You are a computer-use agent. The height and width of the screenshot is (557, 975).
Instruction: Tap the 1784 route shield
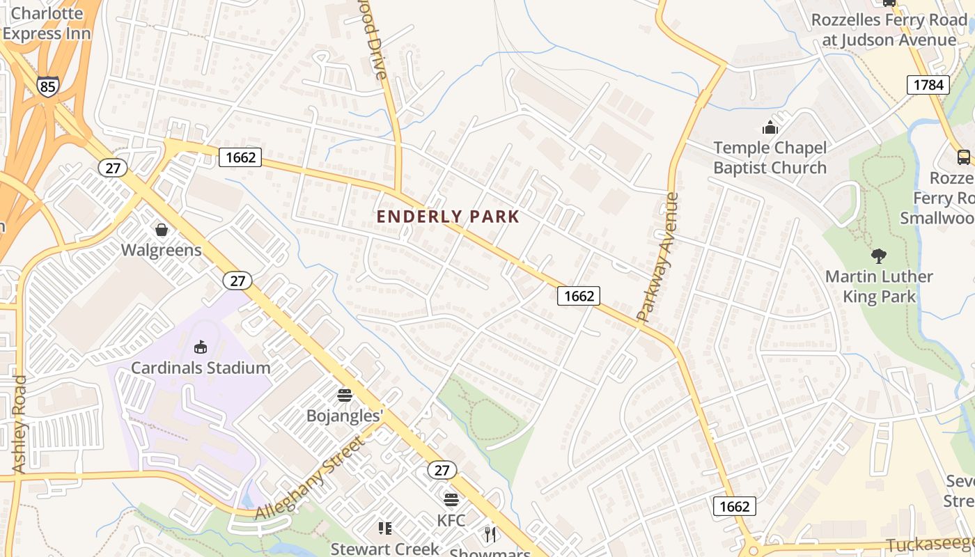[x=928, y=85]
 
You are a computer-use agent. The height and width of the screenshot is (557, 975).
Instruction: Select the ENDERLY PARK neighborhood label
[x=448, y=217]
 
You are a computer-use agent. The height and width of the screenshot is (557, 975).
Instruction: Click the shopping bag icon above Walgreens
[x=162, y=229]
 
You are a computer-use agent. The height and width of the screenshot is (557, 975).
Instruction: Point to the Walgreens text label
[x=162, y=250]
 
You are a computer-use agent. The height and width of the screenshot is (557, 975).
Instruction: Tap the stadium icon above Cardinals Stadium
[x=201, y=347]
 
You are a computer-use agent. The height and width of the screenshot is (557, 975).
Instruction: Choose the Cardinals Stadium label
[x=201, y=368]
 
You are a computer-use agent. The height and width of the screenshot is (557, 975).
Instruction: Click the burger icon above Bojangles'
[x=345, y=395]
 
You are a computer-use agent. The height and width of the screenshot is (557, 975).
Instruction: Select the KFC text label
[x=451, y=520]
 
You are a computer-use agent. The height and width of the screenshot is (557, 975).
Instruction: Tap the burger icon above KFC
[x=451, y=500]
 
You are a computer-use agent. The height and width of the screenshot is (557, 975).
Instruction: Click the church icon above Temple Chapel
[x=770, y=127]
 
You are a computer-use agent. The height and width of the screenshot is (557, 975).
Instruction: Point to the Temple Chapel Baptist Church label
[x=770, y=158]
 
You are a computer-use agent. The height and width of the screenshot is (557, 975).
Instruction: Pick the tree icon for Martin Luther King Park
[x=879, y=256]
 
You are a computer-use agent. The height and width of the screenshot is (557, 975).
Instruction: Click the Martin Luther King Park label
[x=879, y=286]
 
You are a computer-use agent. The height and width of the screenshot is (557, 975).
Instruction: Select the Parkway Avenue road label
[x=658, y=258]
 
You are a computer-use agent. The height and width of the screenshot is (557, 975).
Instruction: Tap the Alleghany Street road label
[x=311, y=478]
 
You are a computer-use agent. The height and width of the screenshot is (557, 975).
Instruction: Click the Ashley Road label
[x=19, y=425]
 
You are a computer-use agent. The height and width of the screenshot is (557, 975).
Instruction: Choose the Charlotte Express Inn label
[x=47, y=23]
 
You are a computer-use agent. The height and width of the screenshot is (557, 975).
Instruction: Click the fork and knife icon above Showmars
[x=490, y=534]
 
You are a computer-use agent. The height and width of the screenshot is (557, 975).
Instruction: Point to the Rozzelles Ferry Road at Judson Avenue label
[x=889, y=30]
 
